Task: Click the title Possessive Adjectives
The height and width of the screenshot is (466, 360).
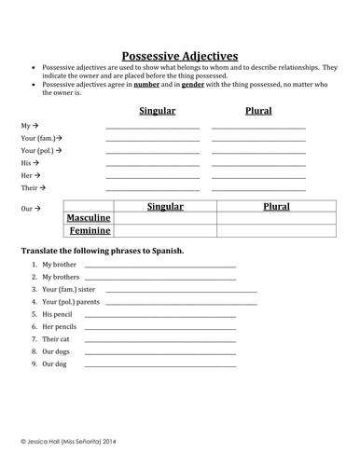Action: click(x=181, y=56)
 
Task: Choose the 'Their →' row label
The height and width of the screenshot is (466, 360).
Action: click(x=33, y=186)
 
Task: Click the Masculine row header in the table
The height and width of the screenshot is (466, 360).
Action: click(x=89, y=218)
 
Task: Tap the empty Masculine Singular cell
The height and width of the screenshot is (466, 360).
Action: click(x=165, y=218)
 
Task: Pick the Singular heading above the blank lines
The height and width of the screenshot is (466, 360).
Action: click(x=153, y=110)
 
